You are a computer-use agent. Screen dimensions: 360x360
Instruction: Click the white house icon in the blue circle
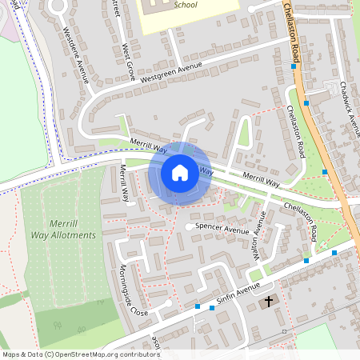tap(180, 173)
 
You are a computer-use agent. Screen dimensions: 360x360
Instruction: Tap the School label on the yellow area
tap(186, 4)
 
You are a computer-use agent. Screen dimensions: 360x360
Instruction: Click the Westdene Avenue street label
tap(75, 54)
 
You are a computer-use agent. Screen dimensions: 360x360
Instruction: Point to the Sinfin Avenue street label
tap(243, 281)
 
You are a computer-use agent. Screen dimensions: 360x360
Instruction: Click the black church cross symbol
tap(268, 302)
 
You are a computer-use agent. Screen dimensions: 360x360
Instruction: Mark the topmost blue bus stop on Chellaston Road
tap(294, 67)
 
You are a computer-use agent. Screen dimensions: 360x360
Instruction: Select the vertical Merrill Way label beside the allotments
tap(125, 183)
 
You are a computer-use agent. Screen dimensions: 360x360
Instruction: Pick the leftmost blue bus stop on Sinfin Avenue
tap(198, 306)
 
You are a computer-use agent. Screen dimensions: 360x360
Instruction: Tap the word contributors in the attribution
tap(138, 354)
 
